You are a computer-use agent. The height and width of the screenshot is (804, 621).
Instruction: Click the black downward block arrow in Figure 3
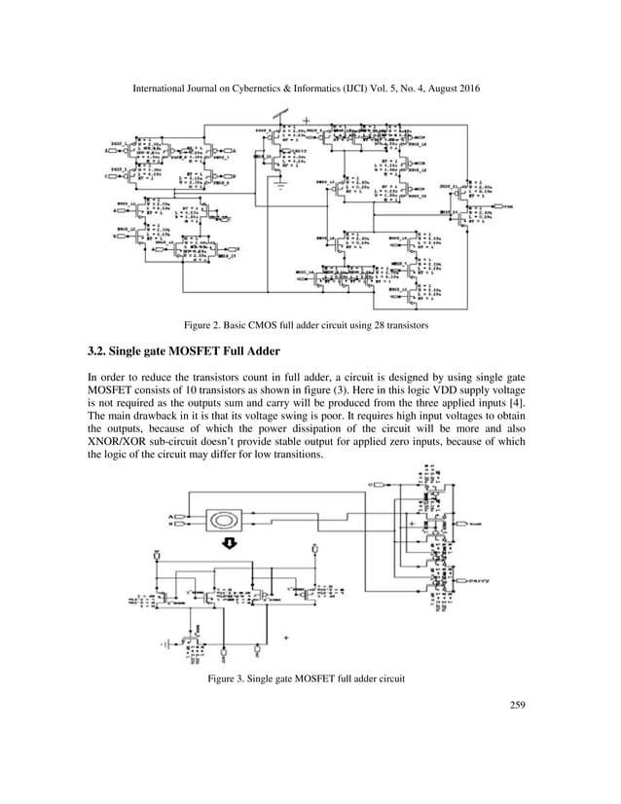[x=231, y=544]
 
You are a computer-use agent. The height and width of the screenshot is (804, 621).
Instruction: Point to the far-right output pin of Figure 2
[x=507, y=207]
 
